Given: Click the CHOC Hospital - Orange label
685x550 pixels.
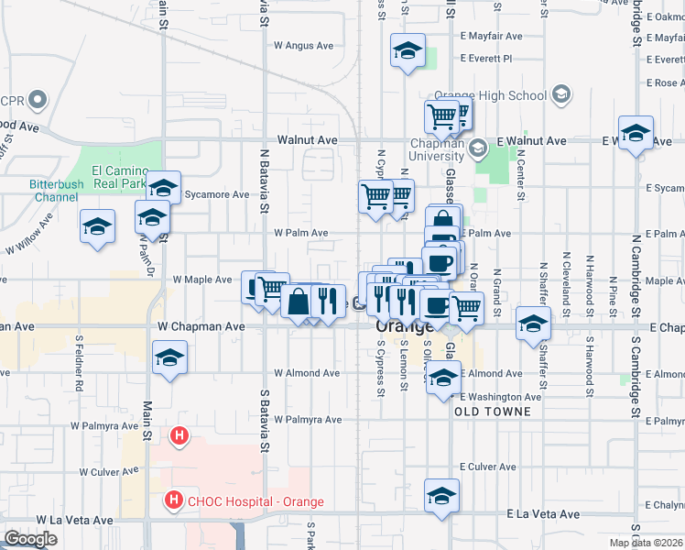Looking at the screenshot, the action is tap(244, 501).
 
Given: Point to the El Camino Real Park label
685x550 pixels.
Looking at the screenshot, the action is tap(121, 177).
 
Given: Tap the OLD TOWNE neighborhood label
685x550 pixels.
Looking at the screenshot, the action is tap(493, 412).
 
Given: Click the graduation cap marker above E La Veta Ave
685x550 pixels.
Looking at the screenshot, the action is tap(441, 495).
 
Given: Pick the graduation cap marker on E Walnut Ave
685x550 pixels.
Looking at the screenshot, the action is tap(636, 133).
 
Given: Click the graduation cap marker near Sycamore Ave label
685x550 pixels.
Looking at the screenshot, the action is tap(163, 188).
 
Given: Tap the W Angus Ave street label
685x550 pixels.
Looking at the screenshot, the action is tap(305, 46).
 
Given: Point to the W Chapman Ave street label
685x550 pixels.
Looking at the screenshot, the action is tap(201, 326).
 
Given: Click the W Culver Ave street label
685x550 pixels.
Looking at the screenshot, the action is tap(108, 472).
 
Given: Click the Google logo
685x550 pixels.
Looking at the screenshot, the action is tap(30, 539).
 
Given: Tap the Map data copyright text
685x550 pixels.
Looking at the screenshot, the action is tap(645, 543).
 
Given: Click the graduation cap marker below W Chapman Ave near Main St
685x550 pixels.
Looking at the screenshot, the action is tap(169, 357).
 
